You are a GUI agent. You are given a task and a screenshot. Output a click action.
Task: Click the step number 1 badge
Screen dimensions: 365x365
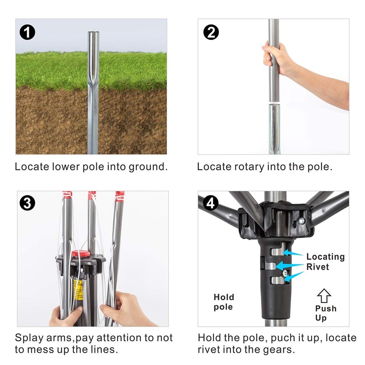tap(27, 32)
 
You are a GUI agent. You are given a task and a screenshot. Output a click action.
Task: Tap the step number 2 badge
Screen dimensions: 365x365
tap(211, 32)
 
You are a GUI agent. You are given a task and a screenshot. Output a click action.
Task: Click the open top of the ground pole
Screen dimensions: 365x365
tap(94, 33)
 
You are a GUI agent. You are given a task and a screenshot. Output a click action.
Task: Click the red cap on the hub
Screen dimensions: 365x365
tap(81, 254)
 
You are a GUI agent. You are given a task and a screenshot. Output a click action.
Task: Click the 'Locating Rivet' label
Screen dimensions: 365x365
tap(325, 261)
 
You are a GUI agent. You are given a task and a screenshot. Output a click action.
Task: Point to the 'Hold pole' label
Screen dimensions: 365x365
tap(224, 302)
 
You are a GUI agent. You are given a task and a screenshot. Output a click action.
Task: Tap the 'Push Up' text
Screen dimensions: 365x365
tap(326, 313)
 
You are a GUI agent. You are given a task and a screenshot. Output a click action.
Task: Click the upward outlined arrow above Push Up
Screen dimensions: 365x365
tap(324, 296)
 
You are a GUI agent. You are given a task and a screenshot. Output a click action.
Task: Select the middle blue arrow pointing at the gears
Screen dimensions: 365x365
tap(290, 266)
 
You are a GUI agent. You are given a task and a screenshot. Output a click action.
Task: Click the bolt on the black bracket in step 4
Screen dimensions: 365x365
tap(301, 220)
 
